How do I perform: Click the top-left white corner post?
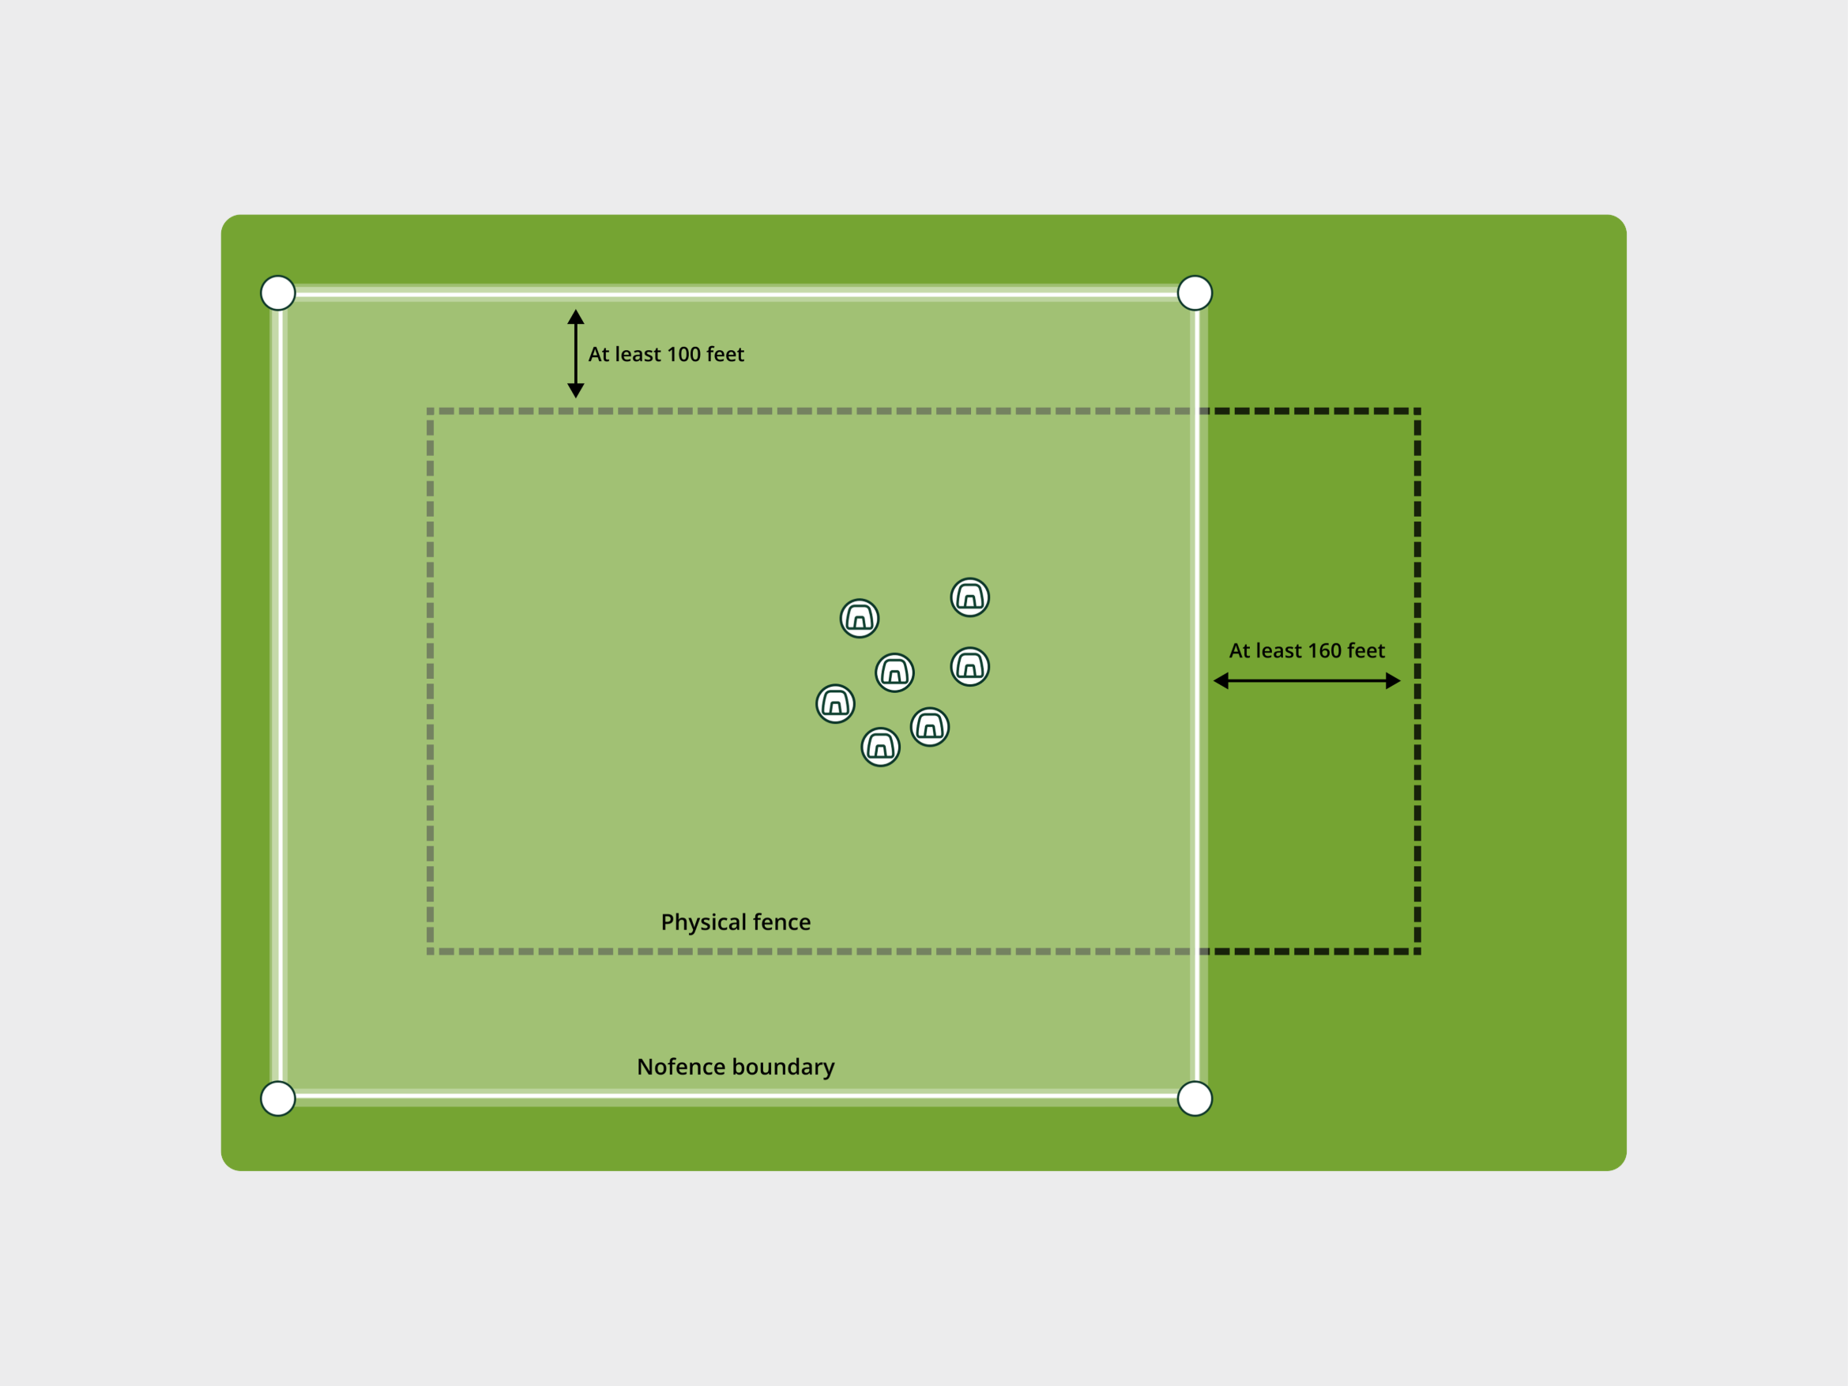pos(278,293)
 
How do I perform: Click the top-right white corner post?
pos(1195,293)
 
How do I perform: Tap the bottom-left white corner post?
pos(278,1098)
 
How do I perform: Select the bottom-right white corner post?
pos(1195,1098)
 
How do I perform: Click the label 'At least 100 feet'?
pos(666,354)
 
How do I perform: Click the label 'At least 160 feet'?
pos(1307,651)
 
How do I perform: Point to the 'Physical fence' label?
pos(736,922)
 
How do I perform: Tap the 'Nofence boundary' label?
pos(736,1067)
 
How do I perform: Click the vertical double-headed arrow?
pos(576,353)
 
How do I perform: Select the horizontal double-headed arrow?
pos(1307,681)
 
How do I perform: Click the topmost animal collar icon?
pos(970,597)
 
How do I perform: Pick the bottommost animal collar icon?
pos(881,747)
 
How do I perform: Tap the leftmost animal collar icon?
pos(835,703)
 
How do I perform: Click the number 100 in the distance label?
pos(683,354)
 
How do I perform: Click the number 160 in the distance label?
pos(1324,651)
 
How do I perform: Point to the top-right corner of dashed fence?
pos(1417,411)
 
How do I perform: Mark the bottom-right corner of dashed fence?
pos(1417,951)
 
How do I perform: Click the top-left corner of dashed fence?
pos(431,411)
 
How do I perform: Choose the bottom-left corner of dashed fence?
pos(431,951)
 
